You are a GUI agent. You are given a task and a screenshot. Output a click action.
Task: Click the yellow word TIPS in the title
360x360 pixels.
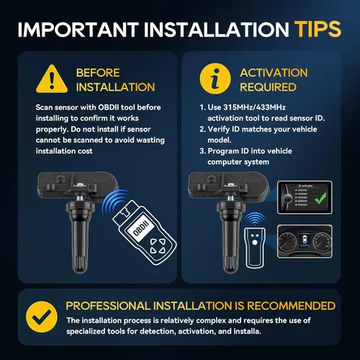pyautogui.click(x=318, y=30)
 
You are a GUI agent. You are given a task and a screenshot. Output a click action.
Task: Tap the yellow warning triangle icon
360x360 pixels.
pyautogui.click(x=52, y=79)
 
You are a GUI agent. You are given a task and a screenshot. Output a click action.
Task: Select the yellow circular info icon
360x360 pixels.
pyautogui.click(x=215, y=78)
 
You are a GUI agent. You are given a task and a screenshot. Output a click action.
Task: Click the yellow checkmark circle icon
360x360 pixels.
pyautogui.click(x=42, y=317)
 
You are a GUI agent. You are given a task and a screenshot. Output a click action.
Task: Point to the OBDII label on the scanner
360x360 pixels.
pyautogui.click(x=141, y=228)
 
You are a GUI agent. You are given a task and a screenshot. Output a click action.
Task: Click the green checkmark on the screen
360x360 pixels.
pyautogui.click(x=320, y=198)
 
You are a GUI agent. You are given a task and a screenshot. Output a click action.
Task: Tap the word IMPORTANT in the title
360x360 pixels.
pyautogui.click(x=78, y=30)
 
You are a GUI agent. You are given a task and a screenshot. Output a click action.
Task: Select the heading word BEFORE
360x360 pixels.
pyautogui.click(x=98, y=73)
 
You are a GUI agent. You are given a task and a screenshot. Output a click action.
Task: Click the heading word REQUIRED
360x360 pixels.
pyautogui.click(x=268, y=87)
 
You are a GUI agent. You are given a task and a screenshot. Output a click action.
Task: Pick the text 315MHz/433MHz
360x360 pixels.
pyautogui.click(x=254, y=107)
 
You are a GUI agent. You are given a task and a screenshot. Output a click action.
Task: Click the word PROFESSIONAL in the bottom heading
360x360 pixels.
pyautogui.click(x=108, y=306)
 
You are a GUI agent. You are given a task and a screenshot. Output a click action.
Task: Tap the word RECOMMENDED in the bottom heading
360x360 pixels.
pyautogui.click(x=291, y=306)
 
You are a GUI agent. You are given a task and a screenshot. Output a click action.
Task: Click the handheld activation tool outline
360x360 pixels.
pyautogui.click(x=255, y=248)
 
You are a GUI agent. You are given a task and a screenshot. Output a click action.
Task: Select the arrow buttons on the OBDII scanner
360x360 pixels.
pyautogui.click(x=158, y=246)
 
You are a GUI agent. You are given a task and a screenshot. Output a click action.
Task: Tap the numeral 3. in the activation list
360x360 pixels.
pyautogui.click(x=202, y=151)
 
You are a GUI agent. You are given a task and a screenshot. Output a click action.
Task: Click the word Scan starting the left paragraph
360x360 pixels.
pyautogui.click(x=44, y=107)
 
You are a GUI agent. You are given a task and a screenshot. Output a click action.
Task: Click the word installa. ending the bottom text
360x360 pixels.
pyautogui.click(x=247, y=331)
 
